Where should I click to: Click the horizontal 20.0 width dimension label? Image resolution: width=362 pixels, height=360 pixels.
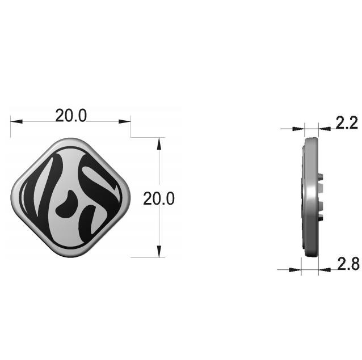click(x=71, y=116)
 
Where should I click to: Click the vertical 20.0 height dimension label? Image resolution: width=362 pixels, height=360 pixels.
click(x=159, y=198)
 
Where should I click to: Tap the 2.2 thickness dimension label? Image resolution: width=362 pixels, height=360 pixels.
click(x=347, y=122)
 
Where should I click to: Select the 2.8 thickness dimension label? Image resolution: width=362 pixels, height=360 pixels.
click(x=348, y=264)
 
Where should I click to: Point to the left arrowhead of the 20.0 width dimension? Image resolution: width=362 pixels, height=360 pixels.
click(x=16, y=121)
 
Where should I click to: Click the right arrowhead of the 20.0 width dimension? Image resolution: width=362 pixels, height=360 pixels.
click(x=125, y=121)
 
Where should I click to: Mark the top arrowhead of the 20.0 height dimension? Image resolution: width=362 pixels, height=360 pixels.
click(x=159, y=143)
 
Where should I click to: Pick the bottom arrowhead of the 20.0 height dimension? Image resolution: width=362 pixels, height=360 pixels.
click(x=159, y=251)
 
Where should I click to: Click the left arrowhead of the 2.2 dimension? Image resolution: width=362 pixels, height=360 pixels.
click(x=298, y=129)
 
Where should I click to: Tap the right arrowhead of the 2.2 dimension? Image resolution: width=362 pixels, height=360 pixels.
click(x=325, y=129)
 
